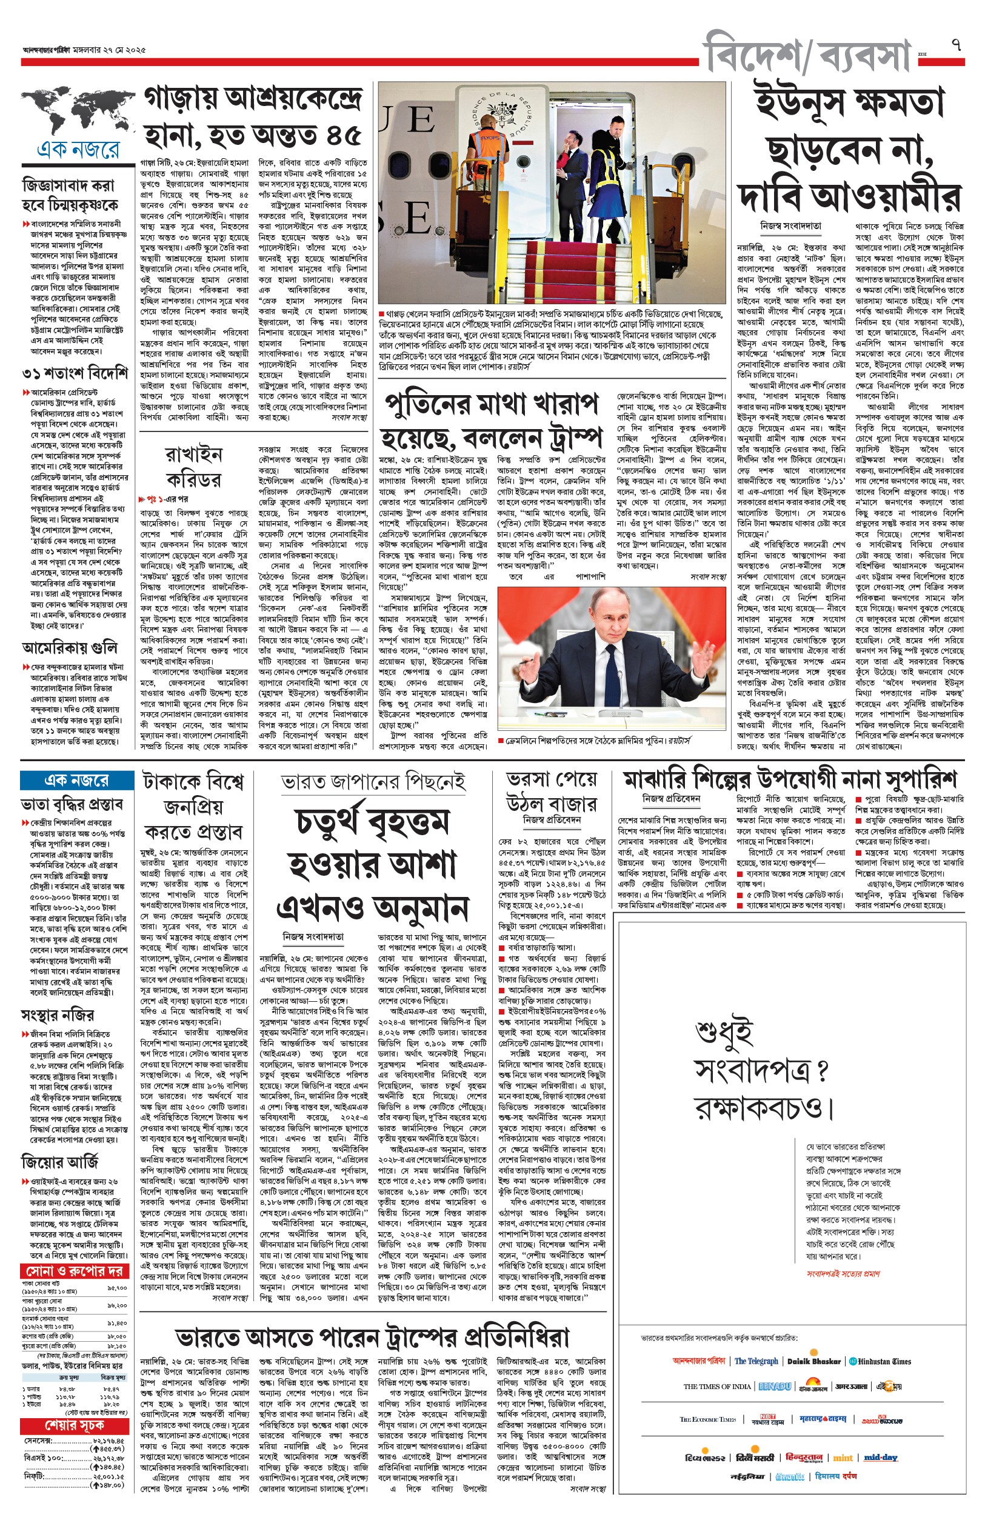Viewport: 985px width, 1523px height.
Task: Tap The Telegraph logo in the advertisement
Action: click(756, 1361)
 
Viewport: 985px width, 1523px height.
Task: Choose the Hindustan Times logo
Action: click(880, 1362)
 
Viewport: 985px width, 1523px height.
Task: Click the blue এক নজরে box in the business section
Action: click(76, 780)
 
